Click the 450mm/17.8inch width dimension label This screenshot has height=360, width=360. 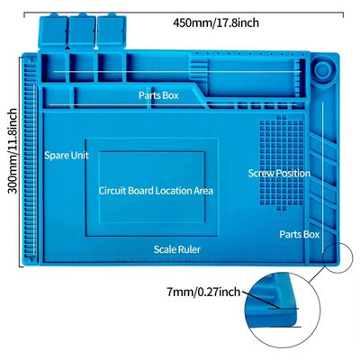coord(216,22)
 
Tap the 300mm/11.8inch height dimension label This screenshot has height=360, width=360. coord(13,151)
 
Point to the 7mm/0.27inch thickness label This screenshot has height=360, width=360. coord(203,292)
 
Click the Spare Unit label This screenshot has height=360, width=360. coord(67,156)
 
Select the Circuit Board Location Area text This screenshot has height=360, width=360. coord(156,191)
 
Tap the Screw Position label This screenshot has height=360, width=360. coord(279,173)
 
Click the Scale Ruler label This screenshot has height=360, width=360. coord(177,249)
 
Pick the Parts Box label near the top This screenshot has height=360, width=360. coord(158,95)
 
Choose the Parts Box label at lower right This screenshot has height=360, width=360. coord(300,234)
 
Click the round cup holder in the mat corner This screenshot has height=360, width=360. coord(323,70)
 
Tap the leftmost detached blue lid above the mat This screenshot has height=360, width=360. coord(53,31)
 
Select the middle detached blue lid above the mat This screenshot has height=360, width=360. coord(82,31)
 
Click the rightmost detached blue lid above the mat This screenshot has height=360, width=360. coord(112,31)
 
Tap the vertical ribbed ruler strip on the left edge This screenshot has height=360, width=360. coord(30,159)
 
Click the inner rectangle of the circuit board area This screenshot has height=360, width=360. coord(152,187)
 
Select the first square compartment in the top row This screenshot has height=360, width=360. coord(53,67)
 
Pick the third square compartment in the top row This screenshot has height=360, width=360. coord(111,67)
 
